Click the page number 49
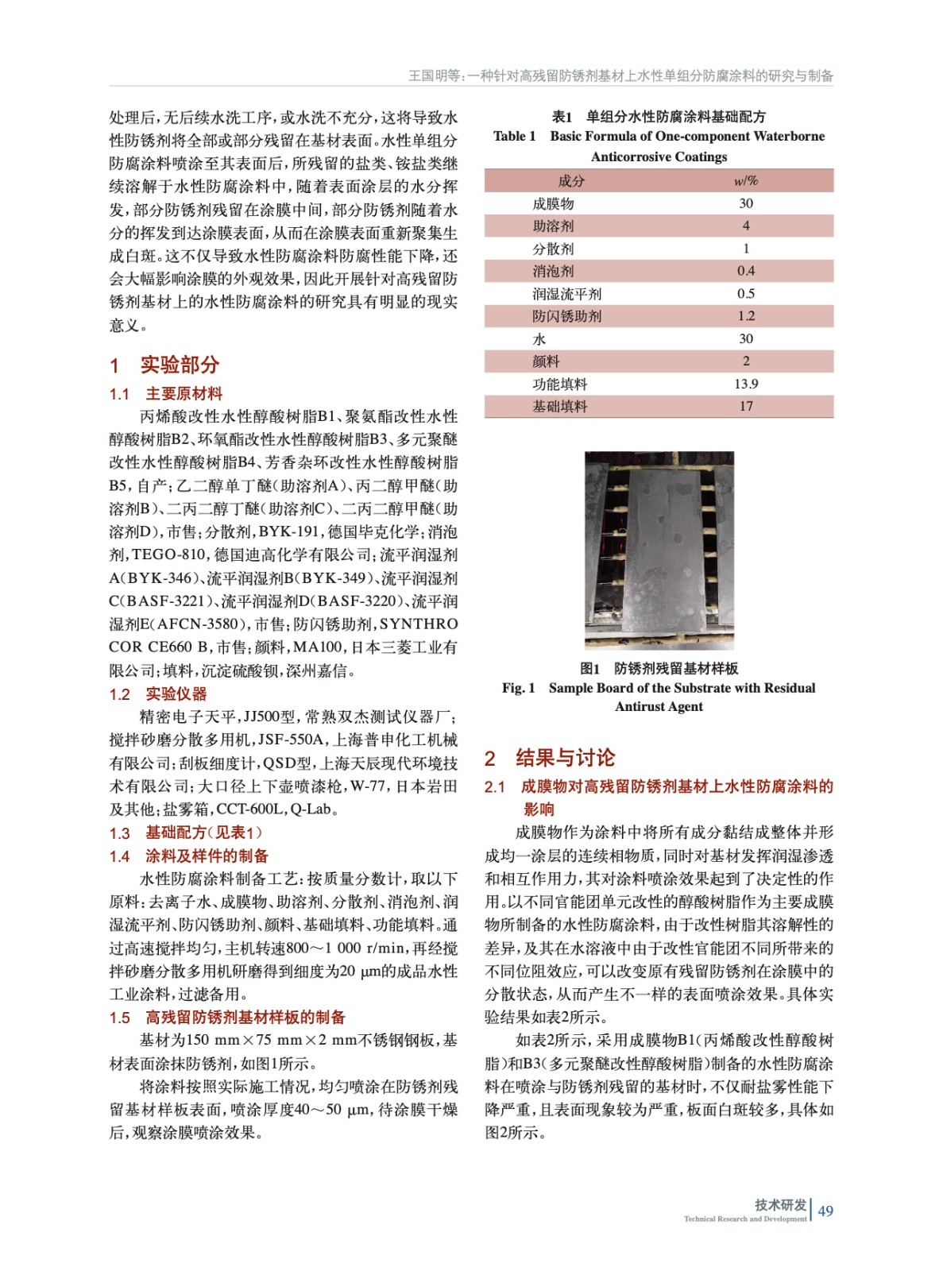tap(825, 1211)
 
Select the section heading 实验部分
tap(180, 365)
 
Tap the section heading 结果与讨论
tap(565, 758)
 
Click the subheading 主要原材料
tap(184, 394)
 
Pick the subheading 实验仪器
tap(176, 694)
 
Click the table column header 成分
tap(570, 181)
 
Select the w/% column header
tap(745, 181)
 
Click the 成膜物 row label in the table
tap(553, 204)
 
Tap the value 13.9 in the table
tap(745, 384)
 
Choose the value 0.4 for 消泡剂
tap(745, 271)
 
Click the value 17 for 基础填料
tap(745, 407)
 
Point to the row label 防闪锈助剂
tap(566, 316)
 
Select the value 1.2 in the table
tap(745, 316)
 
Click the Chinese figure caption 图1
tap(589, 669)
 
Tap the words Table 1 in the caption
tap(514, 137)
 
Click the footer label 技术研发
tap(780, 1205)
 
